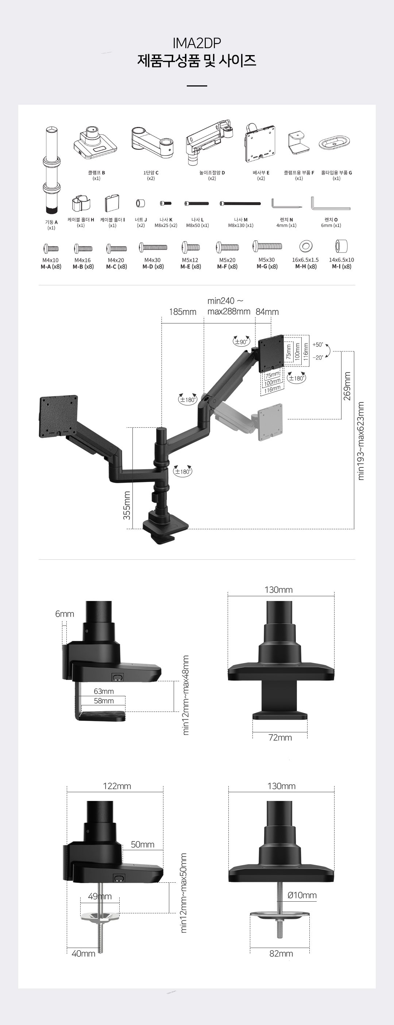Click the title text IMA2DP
coord(197,43)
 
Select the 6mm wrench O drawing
coord(330,203)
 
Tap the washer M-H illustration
coord(306,246)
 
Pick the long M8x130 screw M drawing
coord(240,203)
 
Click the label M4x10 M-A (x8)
coord(51,263)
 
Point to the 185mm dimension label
coord(183,312)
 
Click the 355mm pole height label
coord(127,505)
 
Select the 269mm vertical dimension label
coord(347,386)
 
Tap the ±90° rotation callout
coord(241,342)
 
